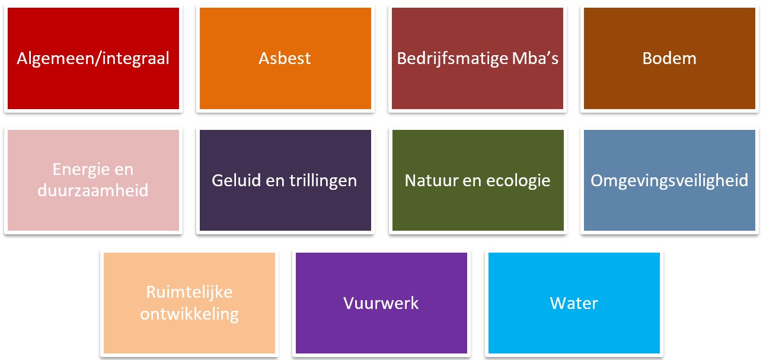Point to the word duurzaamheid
(93, 190)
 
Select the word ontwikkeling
(189, 313)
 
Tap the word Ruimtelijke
(189, 292)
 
